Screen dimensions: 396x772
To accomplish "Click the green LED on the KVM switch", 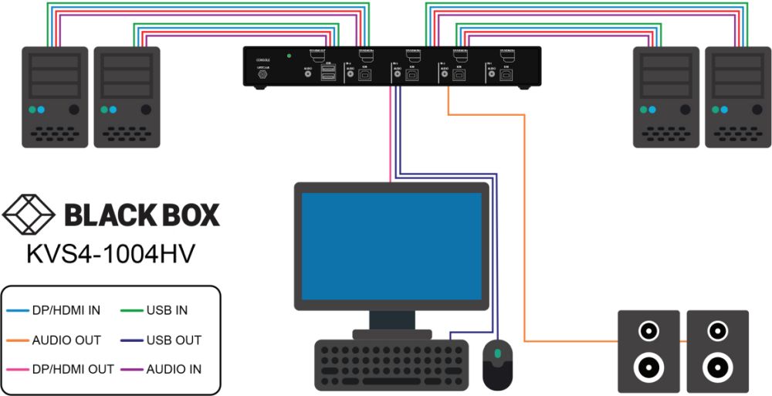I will [x=288, y=56].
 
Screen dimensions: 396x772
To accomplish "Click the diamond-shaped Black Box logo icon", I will [x=29, y=215].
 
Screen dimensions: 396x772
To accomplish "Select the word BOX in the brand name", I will [x=184, y=215].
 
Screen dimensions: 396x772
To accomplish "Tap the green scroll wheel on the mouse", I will [x=498, y=354].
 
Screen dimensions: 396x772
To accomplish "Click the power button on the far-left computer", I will [x=74, y=110].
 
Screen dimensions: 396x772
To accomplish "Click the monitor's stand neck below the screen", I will [x=391, y=318].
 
